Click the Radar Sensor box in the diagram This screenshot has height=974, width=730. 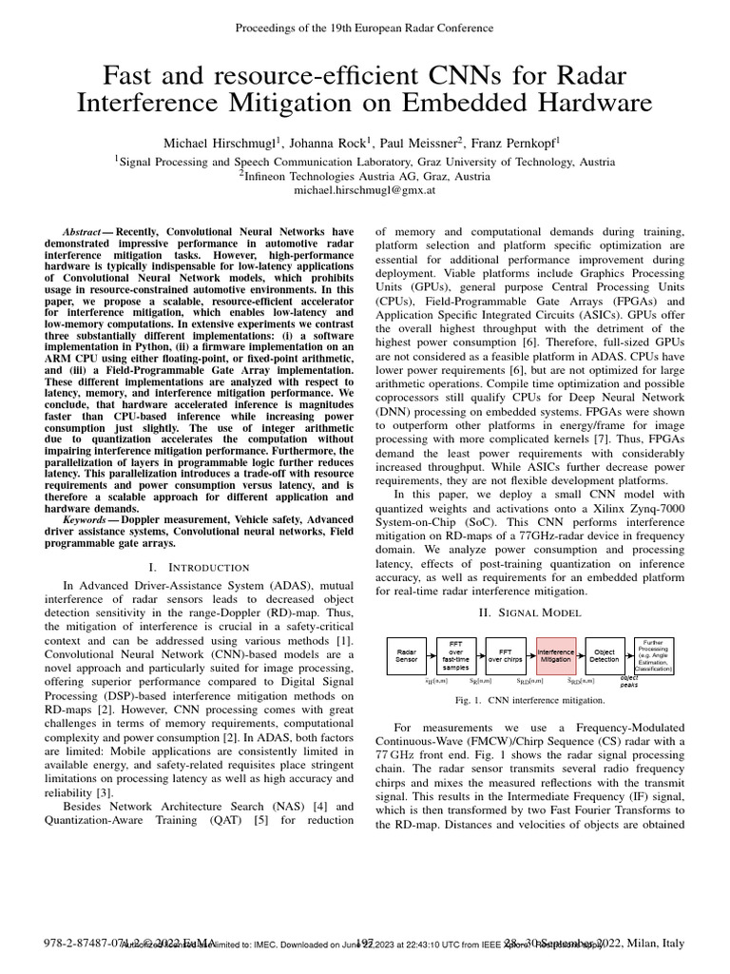point(406,655)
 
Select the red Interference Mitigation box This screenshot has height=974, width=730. point(556,655)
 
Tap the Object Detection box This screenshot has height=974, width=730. point(605,655)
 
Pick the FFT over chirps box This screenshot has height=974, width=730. point(506,655)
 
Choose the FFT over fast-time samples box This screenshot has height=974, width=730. point(455,655)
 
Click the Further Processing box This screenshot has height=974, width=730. point(654,655)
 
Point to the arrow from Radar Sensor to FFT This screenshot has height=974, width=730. point(431,655)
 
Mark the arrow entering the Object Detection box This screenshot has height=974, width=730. point(581,655)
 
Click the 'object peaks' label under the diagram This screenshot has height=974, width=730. point(629,682)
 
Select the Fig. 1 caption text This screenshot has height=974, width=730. point(530,701)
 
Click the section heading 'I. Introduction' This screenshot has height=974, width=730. point(199,567)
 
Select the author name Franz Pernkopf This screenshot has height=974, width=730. point(516,142)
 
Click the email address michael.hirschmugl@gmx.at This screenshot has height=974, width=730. point(365,190)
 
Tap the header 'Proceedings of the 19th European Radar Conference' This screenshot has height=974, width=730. point(365,29)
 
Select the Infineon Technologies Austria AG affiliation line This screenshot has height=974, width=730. point(365,176)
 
